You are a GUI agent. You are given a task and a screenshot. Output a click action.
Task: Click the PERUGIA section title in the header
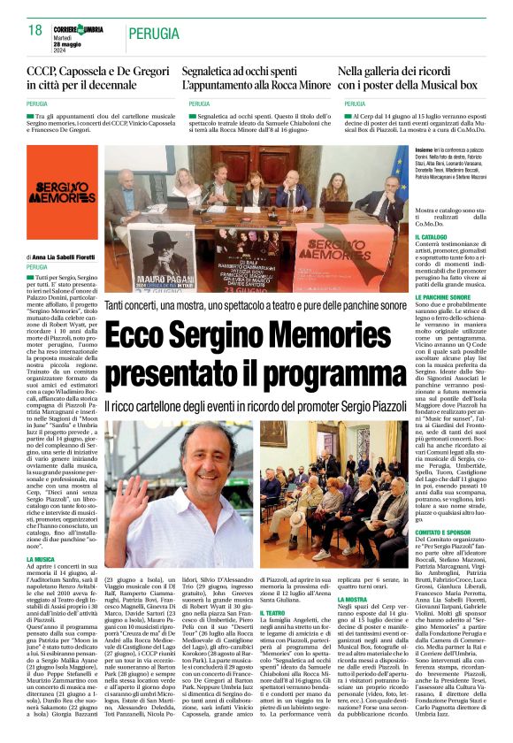(x=157, y=34)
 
